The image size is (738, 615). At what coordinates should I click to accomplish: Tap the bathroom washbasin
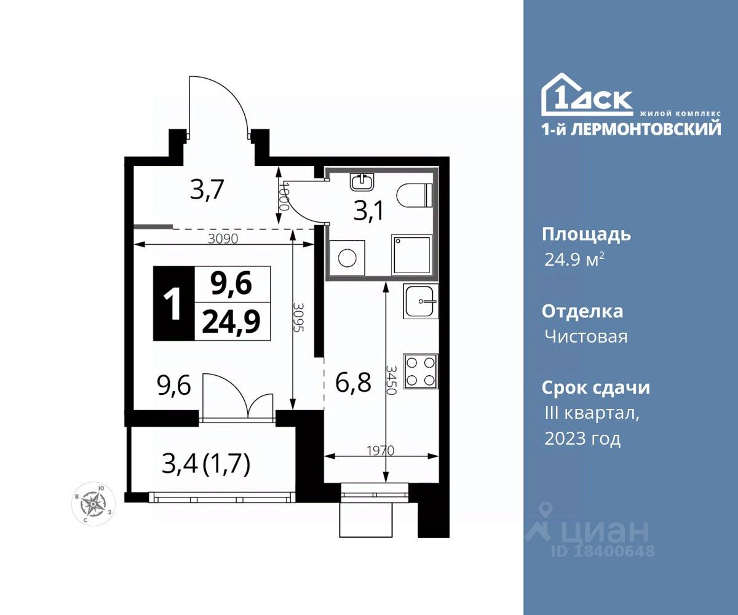coord(362,182)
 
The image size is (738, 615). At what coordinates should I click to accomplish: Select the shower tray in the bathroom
coord(412,255)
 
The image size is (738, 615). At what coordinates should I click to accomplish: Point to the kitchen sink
coord(421,301)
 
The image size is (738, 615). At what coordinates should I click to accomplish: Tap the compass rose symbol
coord(93,503)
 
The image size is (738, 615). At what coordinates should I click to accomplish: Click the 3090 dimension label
coord(223,239)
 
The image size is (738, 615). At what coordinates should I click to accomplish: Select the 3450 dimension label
coord(391,379)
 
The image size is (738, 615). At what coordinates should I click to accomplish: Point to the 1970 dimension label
coord(380,451)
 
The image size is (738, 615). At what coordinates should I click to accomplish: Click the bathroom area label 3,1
coord(368,212)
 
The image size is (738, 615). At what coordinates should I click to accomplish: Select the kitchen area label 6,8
coord(353,383)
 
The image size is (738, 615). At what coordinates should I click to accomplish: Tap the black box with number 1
coord(174,303)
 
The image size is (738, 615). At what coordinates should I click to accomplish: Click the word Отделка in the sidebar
coord(582,312)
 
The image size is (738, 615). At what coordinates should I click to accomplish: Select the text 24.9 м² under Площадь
coord(574,260)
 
